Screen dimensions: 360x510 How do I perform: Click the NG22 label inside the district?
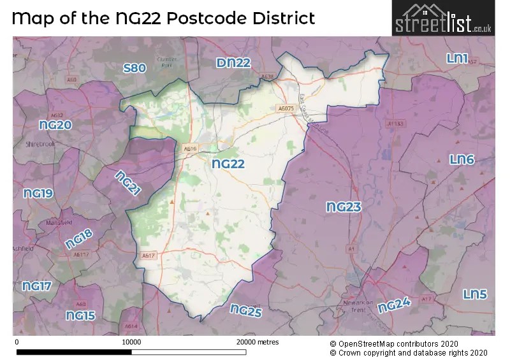[228, 164]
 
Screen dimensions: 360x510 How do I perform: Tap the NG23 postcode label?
[344, 207]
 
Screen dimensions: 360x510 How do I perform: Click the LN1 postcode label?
[457, 59]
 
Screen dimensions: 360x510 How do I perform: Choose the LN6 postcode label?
[462, 159]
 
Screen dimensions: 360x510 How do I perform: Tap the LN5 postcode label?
[475, 294]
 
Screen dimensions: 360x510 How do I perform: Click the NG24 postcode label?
[393, 306]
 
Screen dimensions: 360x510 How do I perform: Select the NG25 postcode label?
[246, 310]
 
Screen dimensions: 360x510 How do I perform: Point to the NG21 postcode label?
[127, 184]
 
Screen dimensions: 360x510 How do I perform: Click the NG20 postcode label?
[55, 126]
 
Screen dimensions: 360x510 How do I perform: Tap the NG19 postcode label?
[38, 193]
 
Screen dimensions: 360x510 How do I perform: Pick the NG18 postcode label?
[79, 239]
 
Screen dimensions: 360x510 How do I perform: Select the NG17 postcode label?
[36, 287]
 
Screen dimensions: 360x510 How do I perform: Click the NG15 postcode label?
[80, 315]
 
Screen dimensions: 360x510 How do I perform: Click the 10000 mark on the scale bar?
[131, 342]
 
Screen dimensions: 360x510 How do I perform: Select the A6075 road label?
[285, 108]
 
